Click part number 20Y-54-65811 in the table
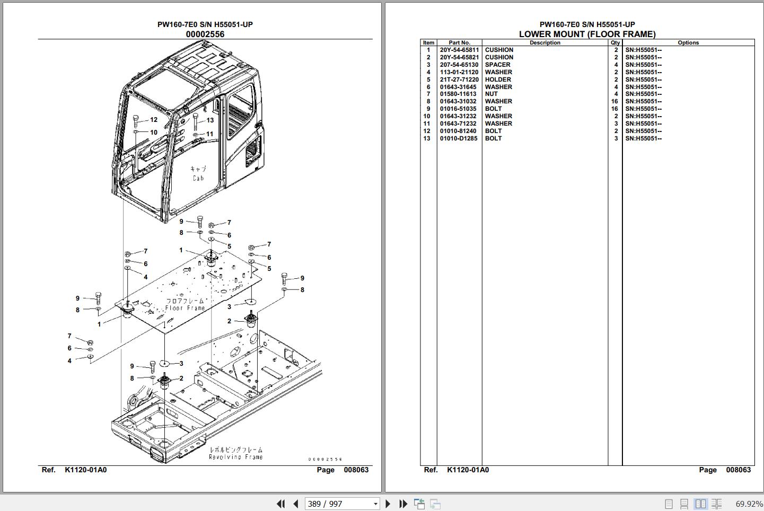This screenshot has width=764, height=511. (459, 50)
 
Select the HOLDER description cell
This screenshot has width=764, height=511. (498, 80)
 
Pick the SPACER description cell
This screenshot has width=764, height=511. (497, 65)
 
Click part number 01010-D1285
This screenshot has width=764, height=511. (459, 138)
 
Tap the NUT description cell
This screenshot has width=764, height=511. (491, 94)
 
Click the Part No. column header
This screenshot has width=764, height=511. (459, 42)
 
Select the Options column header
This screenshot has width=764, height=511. (688, 42)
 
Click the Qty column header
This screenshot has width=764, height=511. (615, 42)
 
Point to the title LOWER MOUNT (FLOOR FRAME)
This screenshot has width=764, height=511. (587, 34)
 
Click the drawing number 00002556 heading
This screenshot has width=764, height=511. (205, 34)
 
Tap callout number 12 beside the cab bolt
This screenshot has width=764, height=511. (154, 120)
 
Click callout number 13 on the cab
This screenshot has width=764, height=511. (210, 120)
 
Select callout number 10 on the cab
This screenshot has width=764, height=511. (154, 133)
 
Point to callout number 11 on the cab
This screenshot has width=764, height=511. (210, 134)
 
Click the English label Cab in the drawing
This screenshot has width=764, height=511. (198, 178)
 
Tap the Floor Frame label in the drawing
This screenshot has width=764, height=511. (185, 308)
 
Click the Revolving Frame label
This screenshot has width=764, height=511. (235, 457)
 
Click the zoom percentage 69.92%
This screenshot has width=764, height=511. (749, 504)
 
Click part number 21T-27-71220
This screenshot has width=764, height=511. (459, 80)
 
